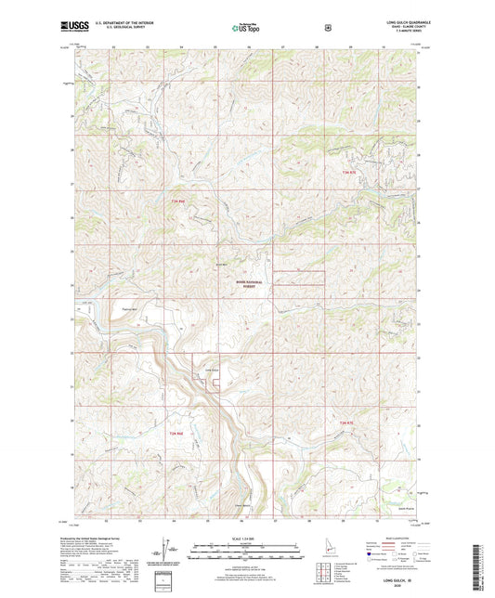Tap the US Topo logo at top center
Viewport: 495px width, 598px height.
[x=246, y=29]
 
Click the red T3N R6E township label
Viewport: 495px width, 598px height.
[x=177, y=201]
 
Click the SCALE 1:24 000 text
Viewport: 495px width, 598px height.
[x=248, y=539]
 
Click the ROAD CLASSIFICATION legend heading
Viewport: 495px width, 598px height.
[x=395, y=537]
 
